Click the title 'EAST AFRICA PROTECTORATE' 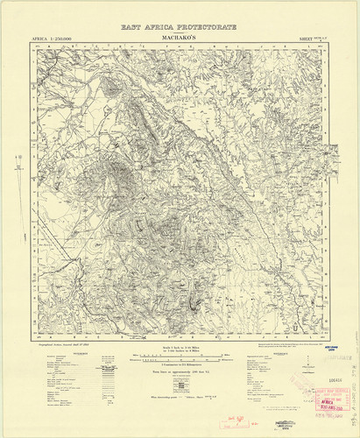pos(180,29)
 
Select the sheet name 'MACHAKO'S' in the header pos(180,39)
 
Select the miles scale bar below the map pos(180,357)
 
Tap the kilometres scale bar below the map pos(180,364)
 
